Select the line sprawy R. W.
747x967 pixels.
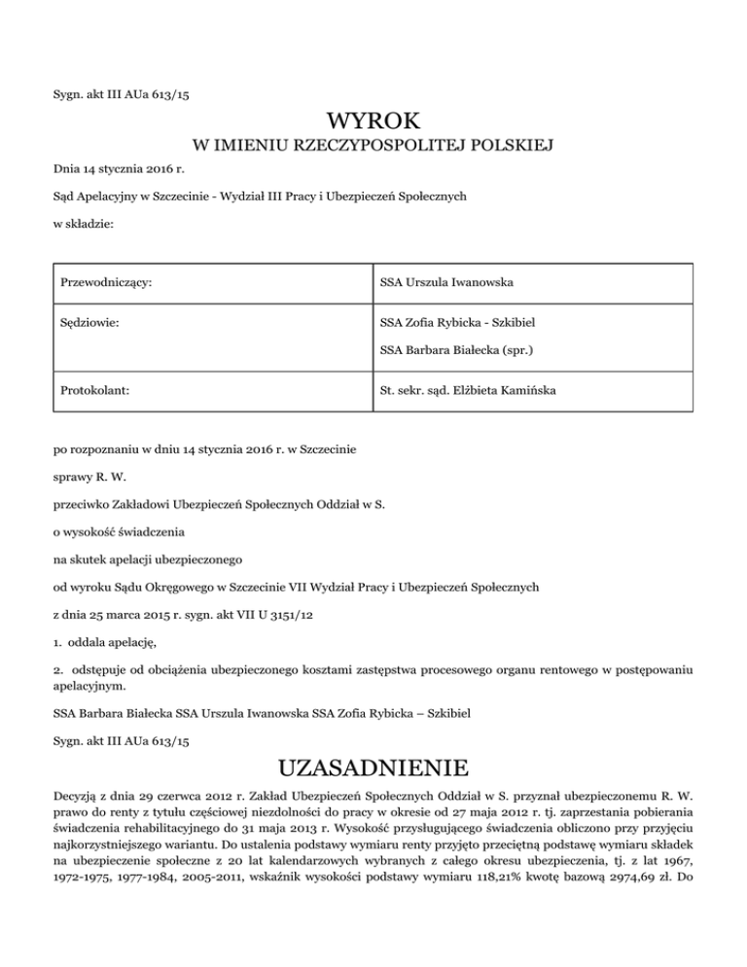89,478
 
